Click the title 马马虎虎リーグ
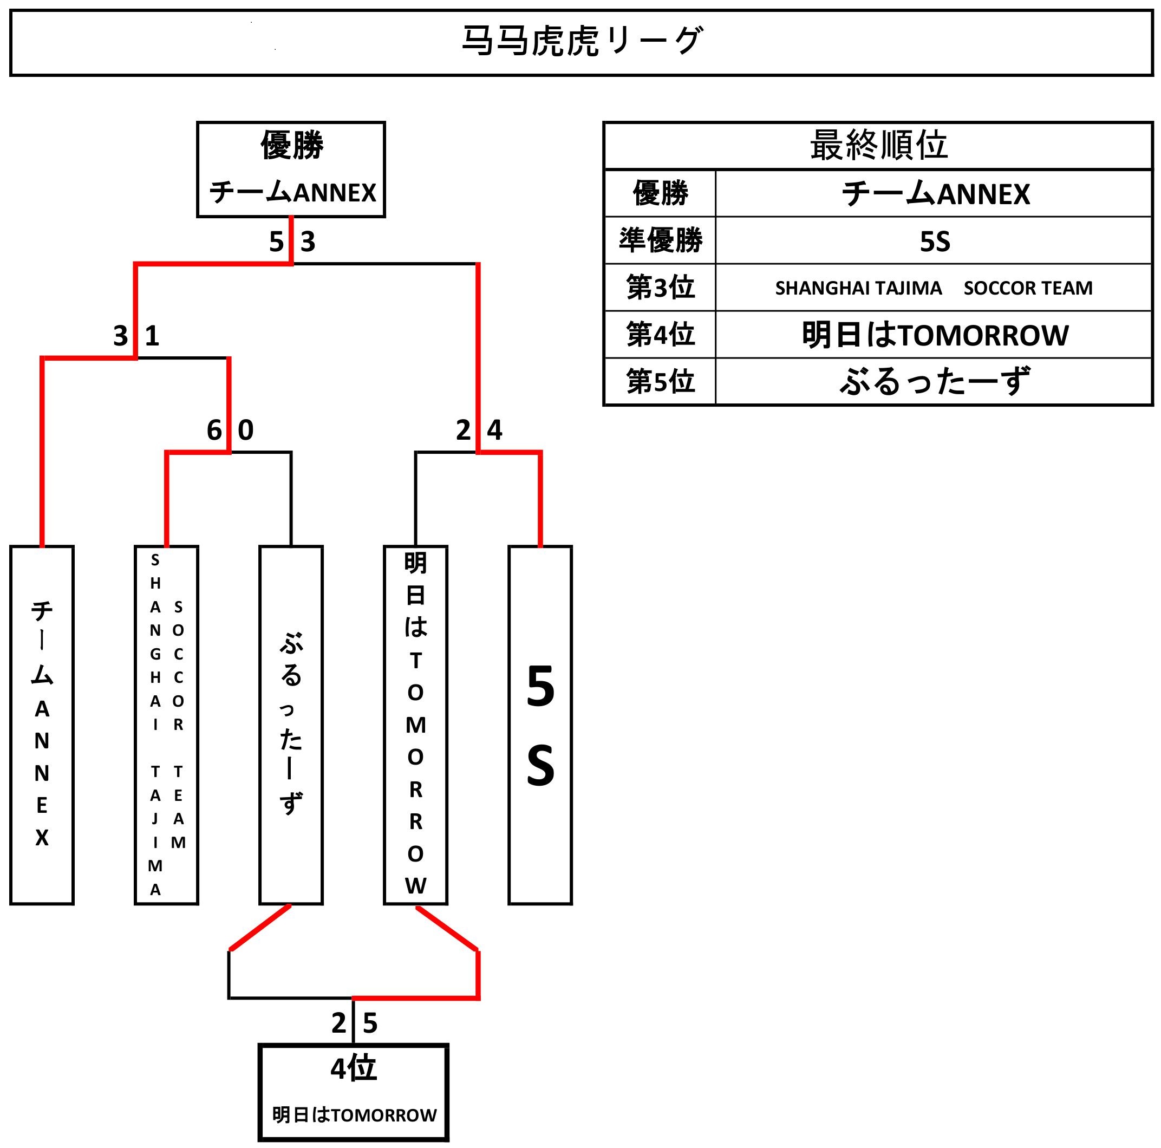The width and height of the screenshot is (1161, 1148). click(x=580, y=42)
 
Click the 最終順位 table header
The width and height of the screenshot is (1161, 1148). click(x=878, y=146)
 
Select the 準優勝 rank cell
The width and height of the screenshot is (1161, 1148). click(x=660, y=240)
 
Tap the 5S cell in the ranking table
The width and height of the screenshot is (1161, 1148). click(x=935, y=241)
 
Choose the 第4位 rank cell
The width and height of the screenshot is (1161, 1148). click(x=660, y=334)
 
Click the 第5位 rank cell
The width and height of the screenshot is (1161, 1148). click(x=660, y=381)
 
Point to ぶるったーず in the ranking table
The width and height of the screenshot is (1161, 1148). click(x=935, y=381)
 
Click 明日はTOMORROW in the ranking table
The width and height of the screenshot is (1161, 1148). click(x=935, y=335)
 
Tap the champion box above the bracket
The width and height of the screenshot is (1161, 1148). click(x=291, y=169)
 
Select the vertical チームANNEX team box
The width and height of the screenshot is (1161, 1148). click(x=42, y=725)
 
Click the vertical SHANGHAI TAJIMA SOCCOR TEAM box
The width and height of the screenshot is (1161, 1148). click(x=166, y=725)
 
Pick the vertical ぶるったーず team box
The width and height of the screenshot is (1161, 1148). click(x=291, y=725)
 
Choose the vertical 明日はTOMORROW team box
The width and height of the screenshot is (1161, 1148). click(x=415, y=725)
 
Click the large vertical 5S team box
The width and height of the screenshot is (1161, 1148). click(x=540, y=725)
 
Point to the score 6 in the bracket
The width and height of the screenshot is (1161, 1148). click(x=214, y=430)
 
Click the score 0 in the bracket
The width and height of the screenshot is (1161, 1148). click(x=246, y=430)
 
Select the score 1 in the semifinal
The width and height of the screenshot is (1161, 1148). click(x=152, y=336)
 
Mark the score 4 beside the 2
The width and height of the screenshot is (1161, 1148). click(x=494, y=430)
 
